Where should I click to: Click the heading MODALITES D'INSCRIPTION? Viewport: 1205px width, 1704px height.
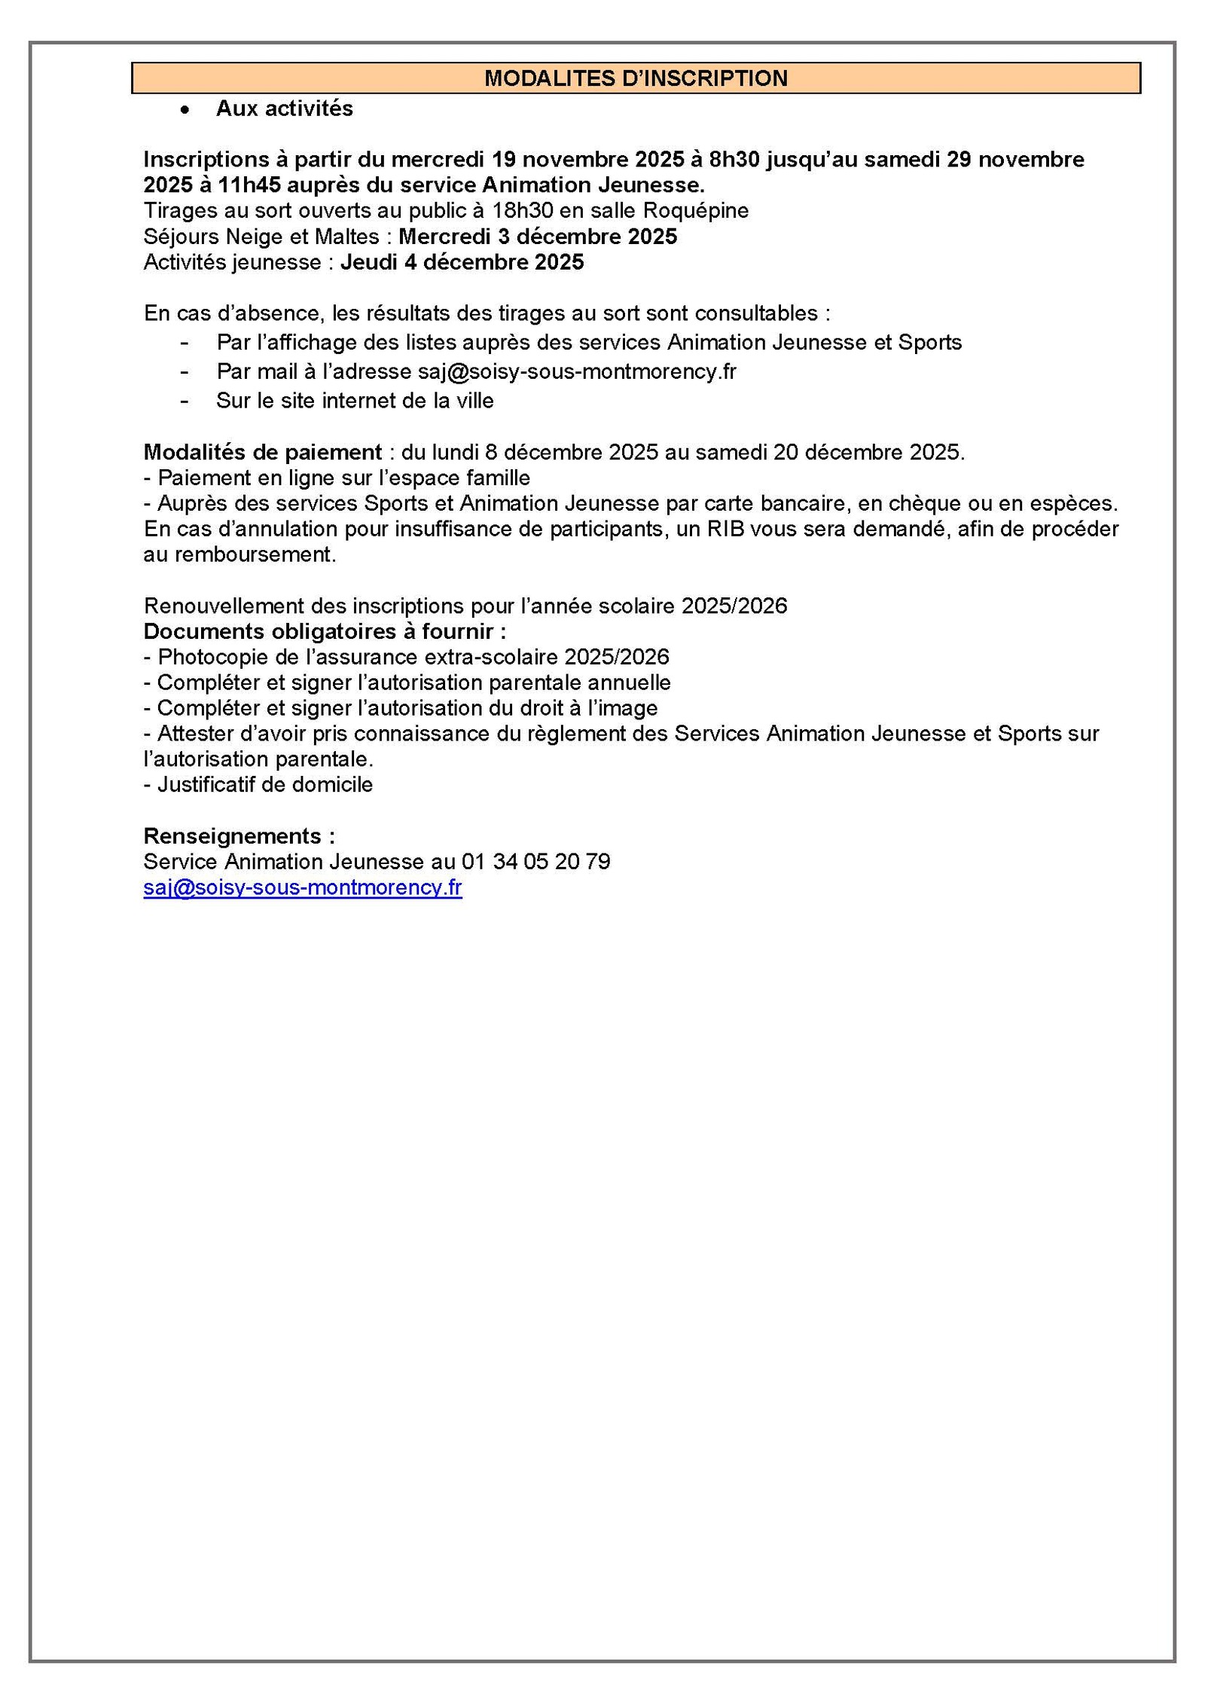(636, 78)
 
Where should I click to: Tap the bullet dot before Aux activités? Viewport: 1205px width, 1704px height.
(184, 110)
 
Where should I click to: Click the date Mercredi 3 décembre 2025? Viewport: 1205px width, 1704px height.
(538, 237)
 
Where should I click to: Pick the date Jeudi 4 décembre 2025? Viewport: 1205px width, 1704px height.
(462, 262)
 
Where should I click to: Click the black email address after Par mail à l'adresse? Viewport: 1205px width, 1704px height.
(577, 371)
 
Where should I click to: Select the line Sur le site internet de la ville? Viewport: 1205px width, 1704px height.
(355, 401)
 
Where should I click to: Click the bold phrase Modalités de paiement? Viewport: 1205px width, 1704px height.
(263, 452)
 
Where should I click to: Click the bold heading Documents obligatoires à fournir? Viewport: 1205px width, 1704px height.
(325, 631)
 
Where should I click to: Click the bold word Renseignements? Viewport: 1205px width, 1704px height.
(233, 836)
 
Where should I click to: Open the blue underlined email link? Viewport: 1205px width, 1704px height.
(303, 887)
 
